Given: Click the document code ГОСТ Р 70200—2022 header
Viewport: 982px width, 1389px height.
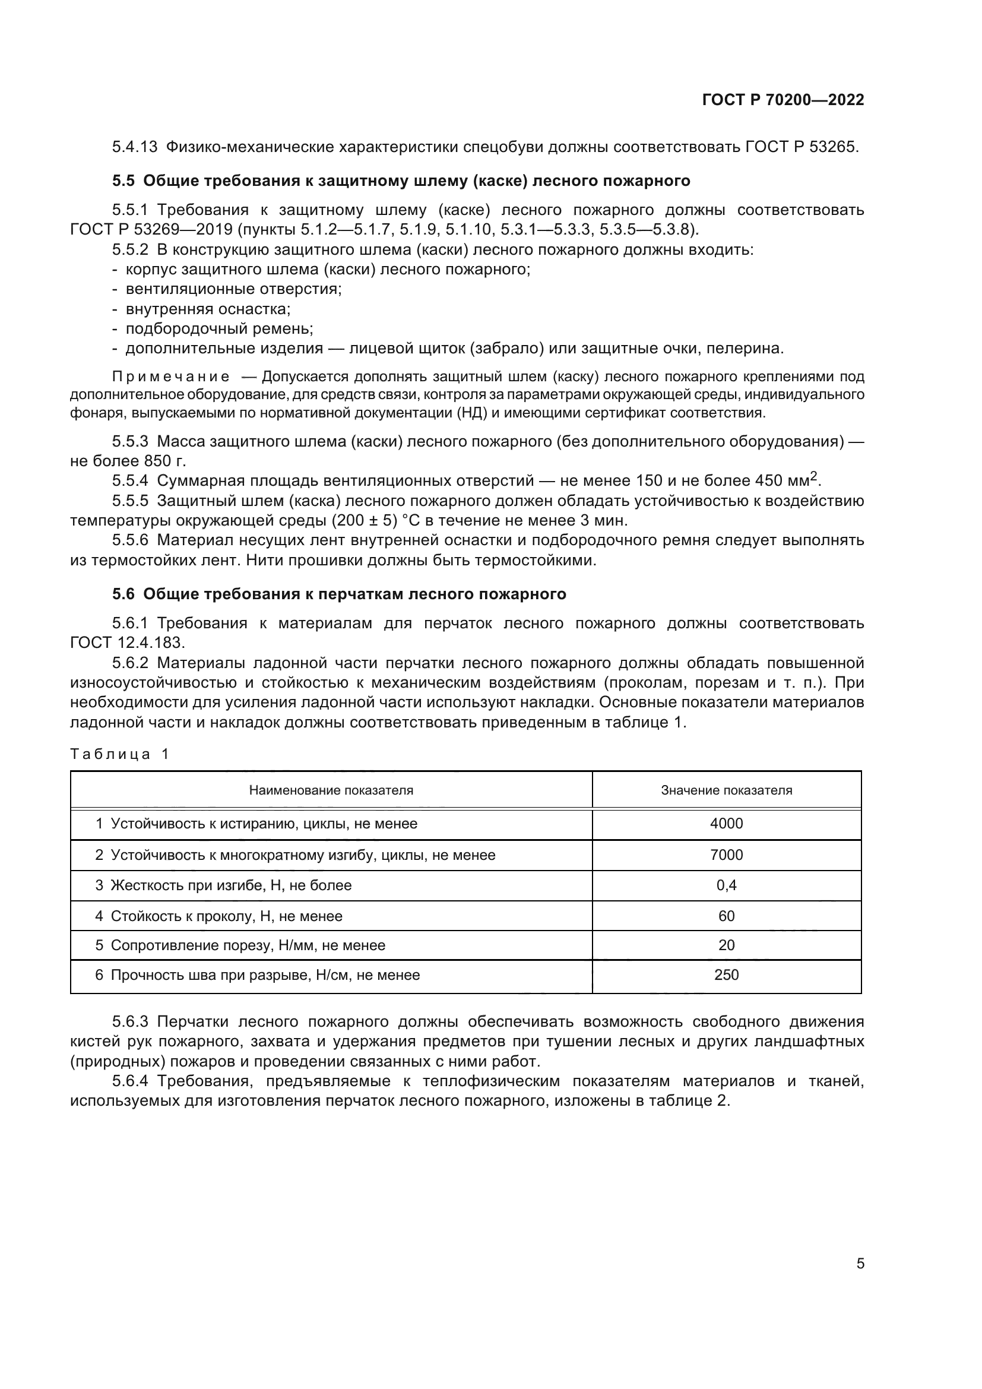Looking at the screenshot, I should click(x=783, y=100).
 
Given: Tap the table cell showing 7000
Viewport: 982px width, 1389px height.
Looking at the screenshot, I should click(x=726, y=855).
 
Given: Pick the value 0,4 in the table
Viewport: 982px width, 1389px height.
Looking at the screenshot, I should click(x=726, y=885).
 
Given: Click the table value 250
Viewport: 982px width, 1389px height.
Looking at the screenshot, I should click(x=726, y=974).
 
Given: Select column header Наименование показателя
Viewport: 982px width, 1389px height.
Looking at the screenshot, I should click(x=331, y=790).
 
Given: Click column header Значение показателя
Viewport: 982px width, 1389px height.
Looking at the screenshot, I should click(x=726, y=790).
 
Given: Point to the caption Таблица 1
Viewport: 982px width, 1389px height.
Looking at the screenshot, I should click(x=120, y=754).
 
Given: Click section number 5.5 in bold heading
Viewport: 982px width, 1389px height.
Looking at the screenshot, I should click(x=123, y=181).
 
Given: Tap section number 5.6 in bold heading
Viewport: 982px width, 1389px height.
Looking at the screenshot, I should click(x=123, y=594).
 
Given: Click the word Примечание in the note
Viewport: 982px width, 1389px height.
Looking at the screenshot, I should click(x=170, y=377).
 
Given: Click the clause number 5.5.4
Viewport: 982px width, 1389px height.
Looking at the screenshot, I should click(x=130, y=481).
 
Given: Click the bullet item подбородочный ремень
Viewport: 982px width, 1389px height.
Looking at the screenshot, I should click(x=219, y=328).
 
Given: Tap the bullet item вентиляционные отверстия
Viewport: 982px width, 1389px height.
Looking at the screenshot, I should click(x=233, y=289).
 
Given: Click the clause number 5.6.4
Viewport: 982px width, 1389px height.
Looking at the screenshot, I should click(x=130, y=1081).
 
